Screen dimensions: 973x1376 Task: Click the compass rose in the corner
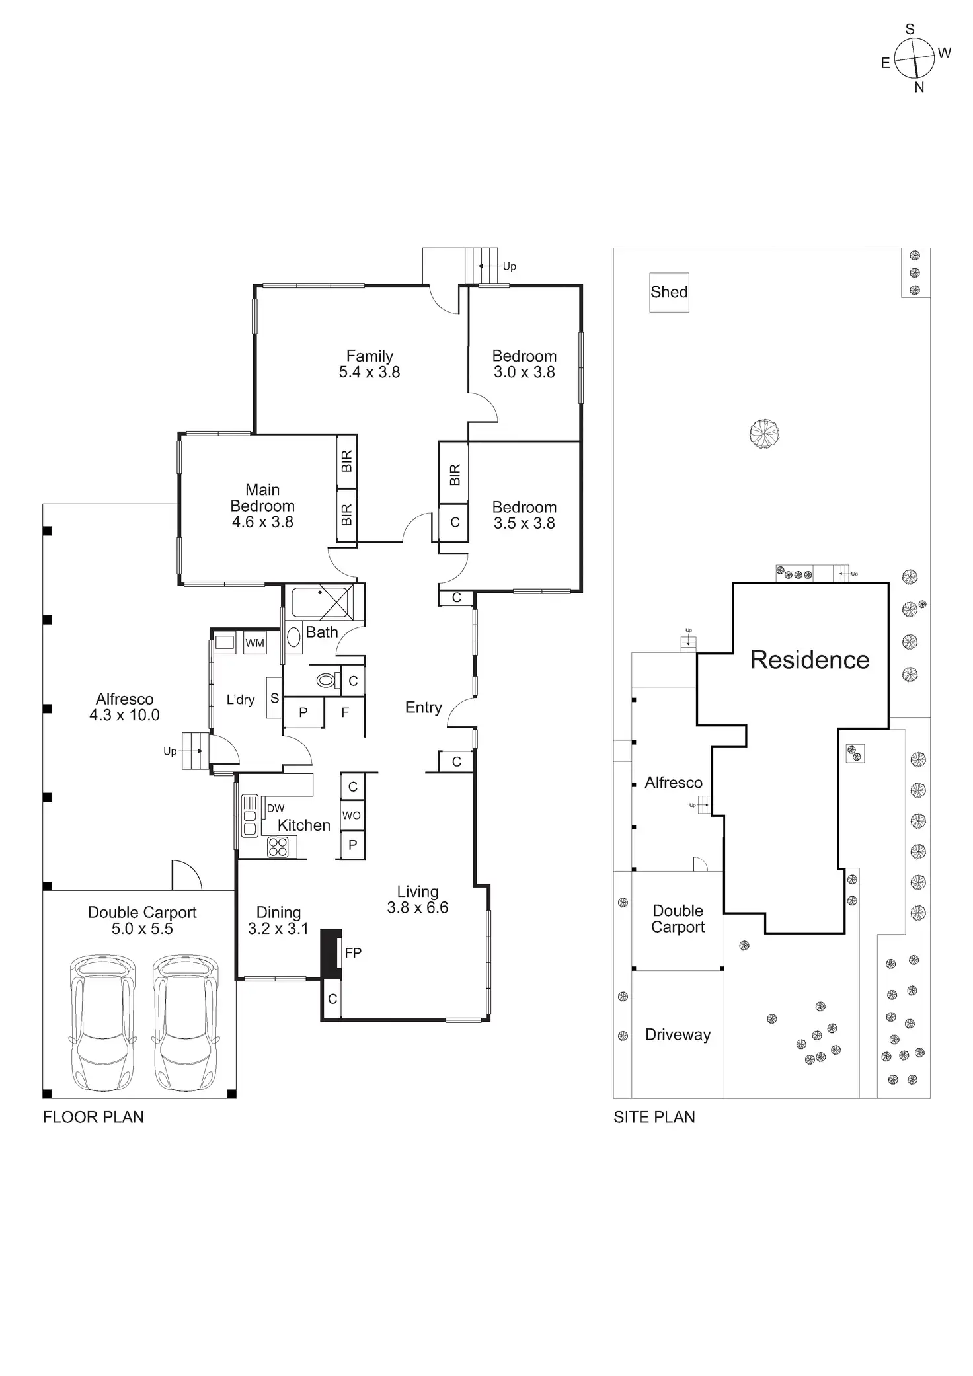coord(914,58)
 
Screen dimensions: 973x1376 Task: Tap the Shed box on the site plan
coord(669,292)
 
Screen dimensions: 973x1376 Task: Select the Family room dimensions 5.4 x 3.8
coord(370,372)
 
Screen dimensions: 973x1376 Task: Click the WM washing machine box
coord(254,643)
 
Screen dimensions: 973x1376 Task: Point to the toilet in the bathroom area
coord(325,679)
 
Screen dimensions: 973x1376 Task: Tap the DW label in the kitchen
coord(276,808)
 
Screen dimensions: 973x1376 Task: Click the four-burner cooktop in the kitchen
coord(278,847)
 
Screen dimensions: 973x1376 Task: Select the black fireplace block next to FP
coord(331,954)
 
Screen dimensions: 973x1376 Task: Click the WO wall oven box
coord(352,816)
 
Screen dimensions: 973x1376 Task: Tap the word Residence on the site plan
coord(810,660)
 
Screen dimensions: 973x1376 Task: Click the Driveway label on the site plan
coord(678,1034)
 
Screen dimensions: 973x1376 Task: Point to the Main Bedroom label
coord(262,498)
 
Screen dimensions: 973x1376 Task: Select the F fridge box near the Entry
coord(344,713)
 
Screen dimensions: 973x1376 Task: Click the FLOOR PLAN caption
coord(93,1117)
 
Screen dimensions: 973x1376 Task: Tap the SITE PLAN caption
coord(654,1117)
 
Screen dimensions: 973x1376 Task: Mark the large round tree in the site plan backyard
coord(765,434)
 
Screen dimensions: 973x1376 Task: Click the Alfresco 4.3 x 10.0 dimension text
coord(124,715)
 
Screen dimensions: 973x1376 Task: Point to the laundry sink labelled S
coord(274,698)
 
